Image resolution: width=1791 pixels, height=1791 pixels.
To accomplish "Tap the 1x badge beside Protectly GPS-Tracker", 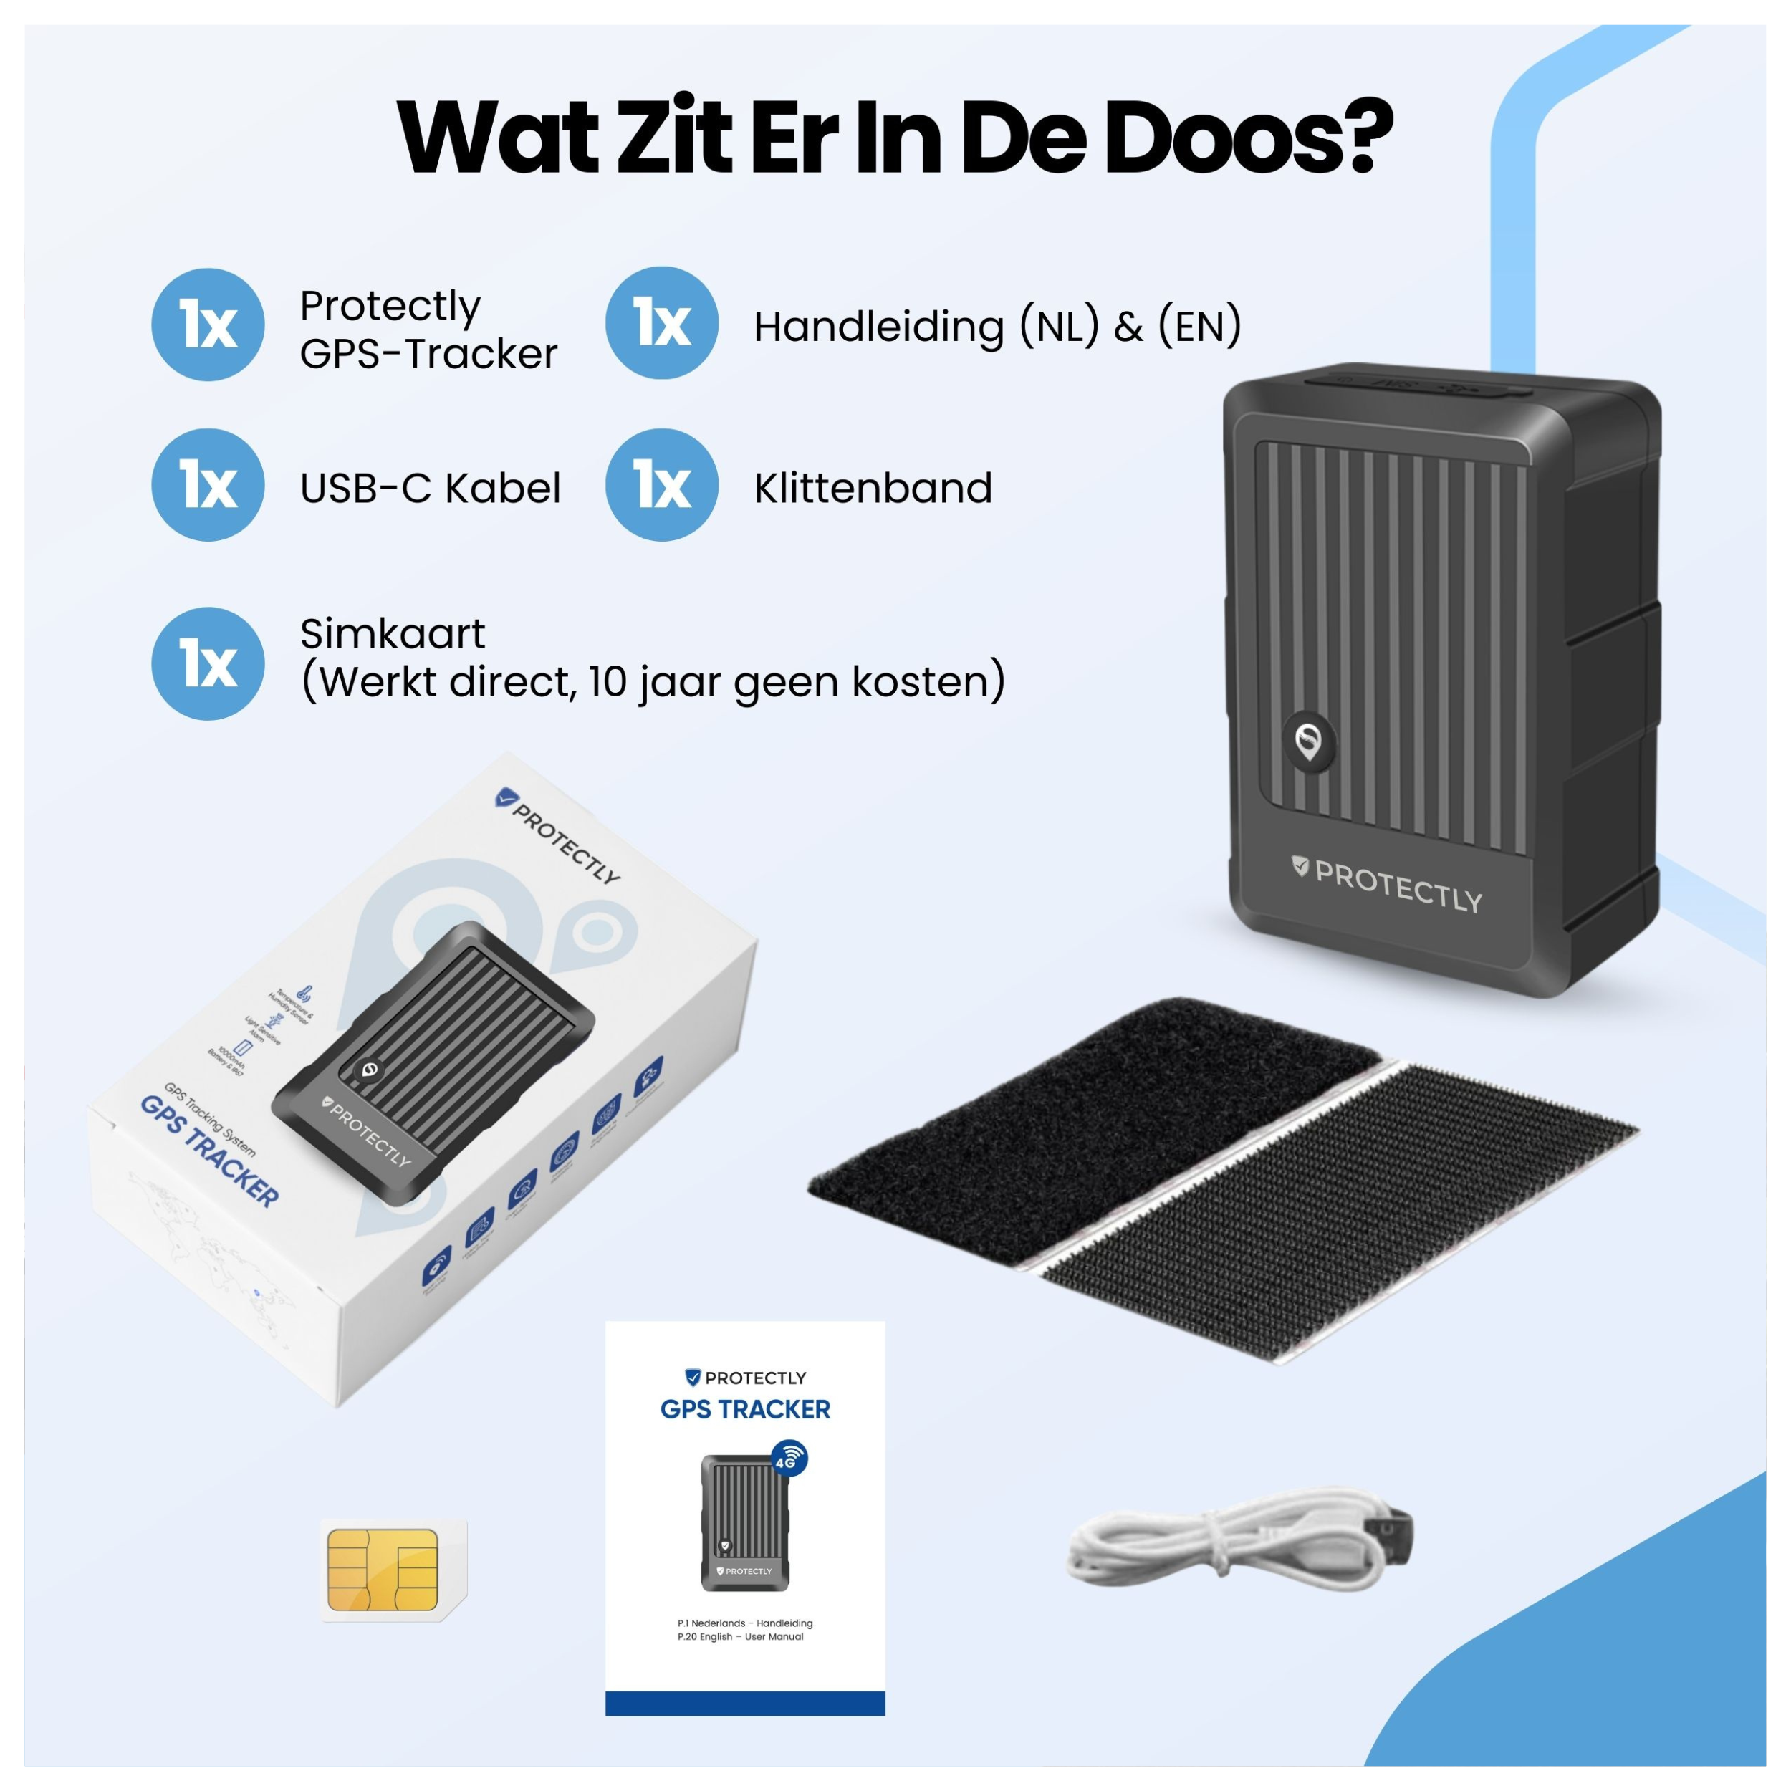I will [208, 325].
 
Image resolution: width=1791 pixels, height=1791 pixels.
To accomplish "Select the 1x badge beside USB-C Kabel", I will [208, 485].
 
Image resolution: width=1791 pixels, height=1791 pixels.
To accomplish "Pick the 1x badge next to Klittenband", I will [661, 485].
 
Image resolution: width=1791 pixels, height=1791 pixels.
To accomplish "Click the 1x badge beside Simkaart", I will [208, 664].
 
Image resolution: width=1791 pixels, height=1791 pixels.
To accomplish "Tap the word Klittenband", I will [873, 489].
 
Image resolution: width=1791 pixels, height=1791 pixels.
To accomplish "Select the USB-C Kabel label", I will [430, 489].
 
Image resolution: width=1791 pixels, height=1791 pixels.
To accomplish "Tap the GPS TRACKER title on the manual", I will [744, 1410].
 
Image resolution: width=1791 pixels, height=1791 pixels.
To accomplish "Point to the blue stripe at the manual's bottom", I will [744, 1703].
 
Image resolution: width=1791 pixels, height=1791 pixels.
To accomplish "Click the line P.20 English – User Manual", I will [740, 1637].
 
